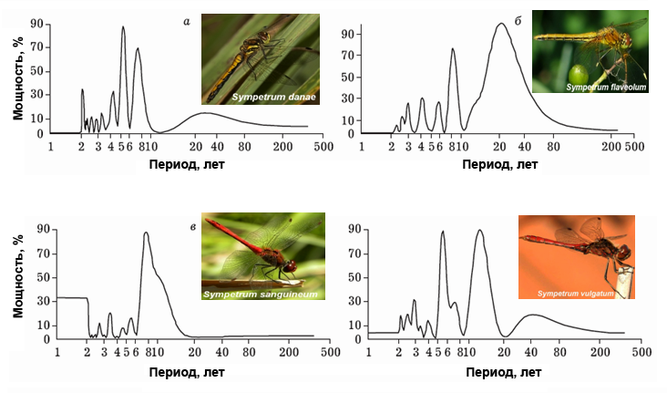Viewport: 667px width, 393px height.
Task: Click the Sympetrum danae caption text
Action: click(272, 96)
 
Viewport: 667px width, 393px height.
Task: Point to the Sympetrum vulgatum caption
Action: click(576, 294)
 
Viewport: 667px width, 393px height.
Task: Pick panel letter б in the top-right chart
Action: click(518, 19)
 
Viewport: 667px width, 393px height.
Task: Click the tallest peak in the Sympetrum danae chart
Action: click(123, 27)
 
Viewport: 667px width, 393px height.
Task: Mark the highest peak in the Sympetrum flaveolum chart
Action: click(500, 25)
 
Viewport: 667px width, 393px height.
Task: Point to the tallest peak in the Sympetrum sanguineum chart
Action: click(146, 233)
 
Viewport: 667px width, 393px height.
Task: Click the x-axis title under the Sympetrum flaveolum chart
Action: click(498, 164)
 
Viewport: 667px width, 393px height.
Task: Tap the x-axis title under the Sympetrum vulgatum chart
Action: click(502, 372)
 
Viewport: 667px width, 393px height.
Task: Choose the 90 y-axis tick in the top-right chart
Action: click(347, 35)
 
